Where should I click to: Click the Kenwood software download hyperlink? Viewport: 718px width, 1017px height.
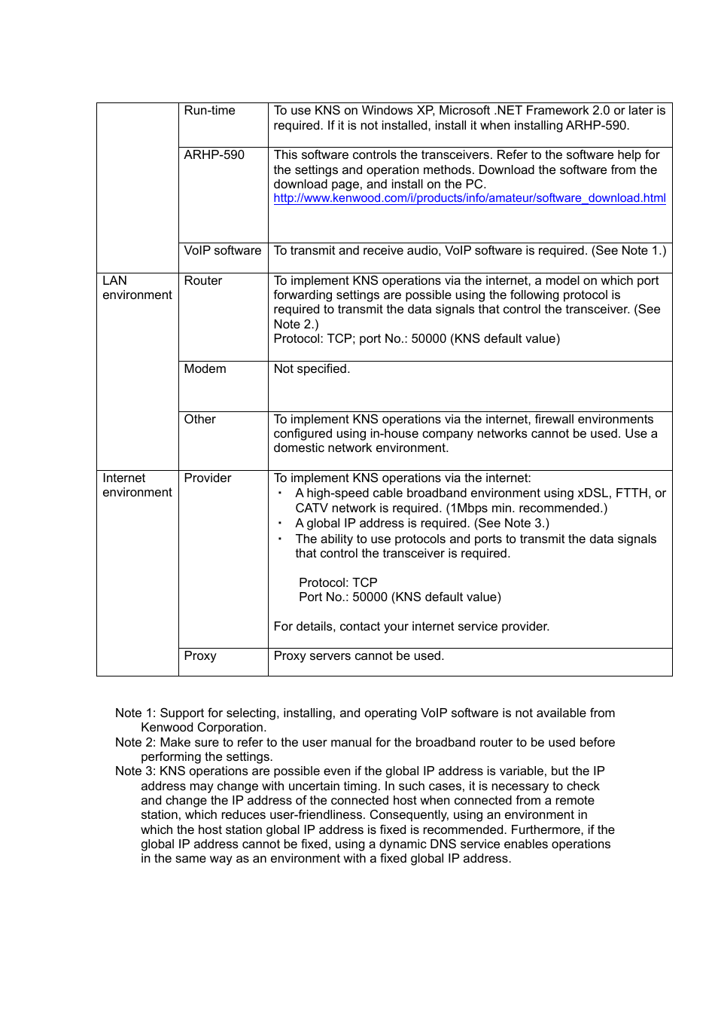coord(469,198)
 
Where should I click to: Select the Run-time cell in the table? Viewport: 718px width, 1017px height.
coord(209,111)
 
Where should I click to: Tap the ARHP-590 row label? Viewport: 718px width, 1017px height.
coord(214,155)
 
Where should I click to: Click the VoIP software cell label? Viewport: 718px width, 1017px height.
coord(222,251)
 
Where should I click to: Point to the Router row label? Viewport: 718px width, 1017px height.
coord(202,281)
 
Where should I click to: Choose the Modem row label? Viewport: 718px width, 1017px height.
coord(205,369)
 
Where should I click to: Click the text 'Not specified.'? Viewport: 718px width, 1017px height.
coord(312,369)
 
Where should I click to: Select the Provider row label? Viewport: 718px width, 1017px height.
coord(207,478)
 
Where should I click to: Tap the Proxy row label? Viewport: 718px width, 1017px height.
coord(199,656)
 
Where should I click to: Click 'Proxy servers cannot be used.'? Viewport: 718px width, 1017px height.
coord(358,656)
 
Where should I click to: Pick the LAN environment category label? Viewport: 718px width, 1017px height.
coord(137,288)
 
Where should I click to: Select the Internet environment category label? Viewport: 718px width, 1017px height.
coord(137,485)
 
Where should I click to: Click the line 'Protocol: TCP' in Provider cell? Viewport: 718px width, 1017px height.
coord(338,583)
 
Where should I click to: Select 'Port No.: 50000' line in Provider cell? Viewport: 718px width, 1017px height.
coord(399,597)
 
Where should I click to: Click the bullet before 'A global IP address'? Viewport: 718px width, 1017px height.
coord(280,524)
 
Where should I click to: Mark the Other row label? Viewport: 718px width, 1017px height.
coord(199,420)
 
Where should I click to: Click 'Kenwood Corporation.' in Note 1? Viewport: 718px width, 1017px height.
coord(203,728)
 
